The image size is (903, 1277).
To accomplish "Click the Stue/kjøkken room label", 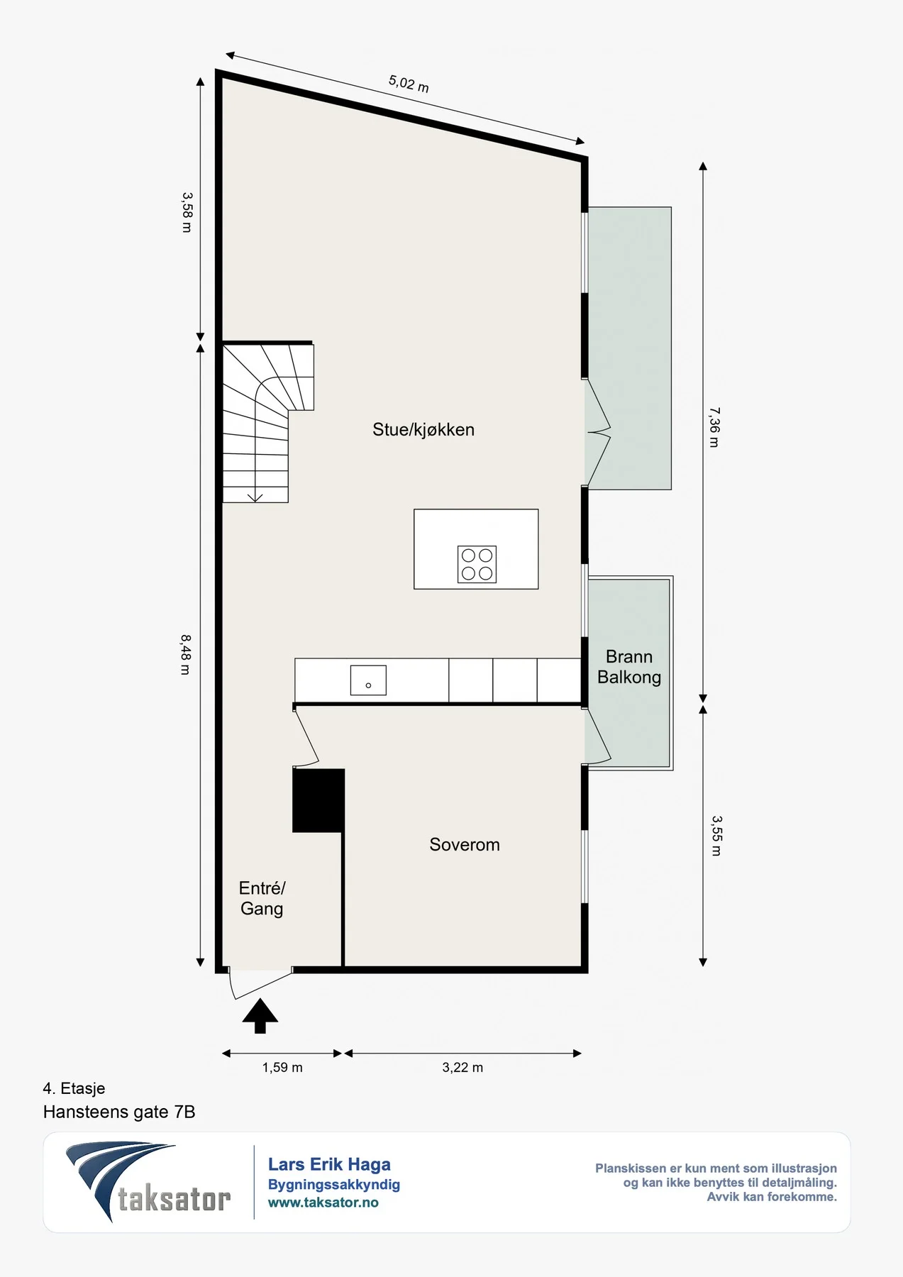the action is (423, 430).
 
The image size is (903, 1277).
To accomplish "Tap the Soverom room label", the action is (465, 844).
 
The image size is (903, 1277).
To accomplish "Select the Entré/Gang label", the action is (262, 898).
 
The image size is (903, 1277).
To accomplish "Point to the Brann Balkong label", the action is (629, 667).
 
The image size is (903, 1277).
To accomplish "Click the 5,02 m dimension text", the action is (409, 84).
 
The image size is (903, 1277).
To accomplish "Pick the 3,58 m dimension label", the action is (187, 212).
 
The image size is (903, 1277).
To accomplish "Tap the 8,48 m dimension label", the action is (186, 654).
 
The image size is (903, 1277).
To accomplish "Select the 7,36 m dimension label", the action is (715, 427).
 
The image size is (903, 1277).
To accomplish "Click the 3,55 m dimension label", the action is (716, 835).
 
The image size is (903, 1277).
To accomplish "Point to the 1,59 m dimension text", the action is (282, 1068).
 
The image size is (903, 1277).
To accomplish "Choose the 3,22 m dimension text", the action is (462, 1068).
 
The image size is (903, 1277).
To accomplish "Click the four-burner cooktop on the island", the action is (477, 564).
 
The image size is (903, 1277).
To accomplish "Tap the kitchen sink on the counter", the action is (368, 680).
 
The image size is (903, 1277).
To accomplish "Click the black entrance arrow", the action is (260, 1016).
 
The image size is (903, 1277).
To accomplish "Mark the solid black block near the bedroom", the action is (318, 800).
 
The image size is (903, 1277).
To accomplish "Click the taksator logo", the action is (148, 1181).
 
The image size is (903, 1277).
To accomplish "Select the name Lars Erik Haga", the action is (329, 1164).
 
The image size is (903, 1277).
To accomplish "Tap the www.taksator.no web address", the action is (323, 1203).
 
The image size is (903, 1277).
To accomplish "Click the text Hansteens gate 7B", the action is (119, 1112).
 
